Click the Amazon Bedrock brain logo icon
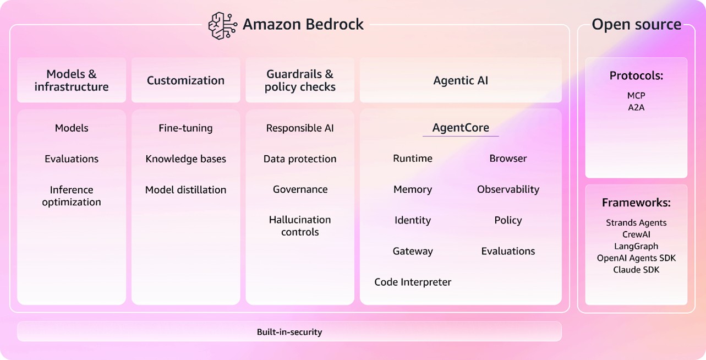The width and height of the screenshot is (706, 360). [x=222, y=25]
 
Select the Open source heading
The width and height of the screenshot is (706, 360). [x=636, y=25]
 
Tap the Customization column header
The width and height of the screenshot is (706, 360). [x=185, y=80]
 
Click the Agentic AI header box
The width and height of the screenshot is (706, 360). [x=461, y=80]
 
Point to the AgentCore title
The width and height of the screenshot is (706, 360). [x=461, y=128]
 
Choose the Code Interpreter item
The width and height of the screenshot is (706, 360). [x=413, y=282]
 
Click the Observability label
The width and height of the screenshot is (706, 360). [x=508, y=189]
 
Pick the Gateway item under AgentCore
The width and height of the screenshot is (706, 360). [x=413, y=251]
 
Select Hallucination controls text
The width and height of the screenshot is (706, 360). [x=300, y=226]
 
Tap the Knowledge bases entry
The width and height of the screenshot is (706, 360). [x=185, y=159]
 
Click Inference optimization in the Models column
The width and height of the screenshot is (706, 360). [x=72, y=196]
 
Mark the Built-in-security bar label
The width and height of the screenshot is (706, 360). [x=289, y=332]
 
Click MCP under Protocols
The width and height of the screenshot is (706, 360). [x=636, y=96]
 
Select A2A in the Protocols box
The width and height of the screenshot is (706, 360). [x=636, y=107]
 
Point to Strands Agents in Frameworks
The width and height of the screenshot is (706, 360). [x=636, y=223]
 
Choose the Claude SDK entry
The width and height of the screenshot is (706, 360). [x=636, y=270]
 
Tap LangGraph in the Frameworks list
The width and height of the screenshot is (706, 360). [x=636, y=246]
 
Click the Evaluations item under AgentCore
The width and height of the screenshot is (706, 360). [x=508, y=251]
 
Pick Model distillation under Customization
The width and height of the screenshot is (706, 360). [x=185, y=190]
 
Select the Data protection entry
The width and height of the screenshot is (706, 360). [x=300, y=159]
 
